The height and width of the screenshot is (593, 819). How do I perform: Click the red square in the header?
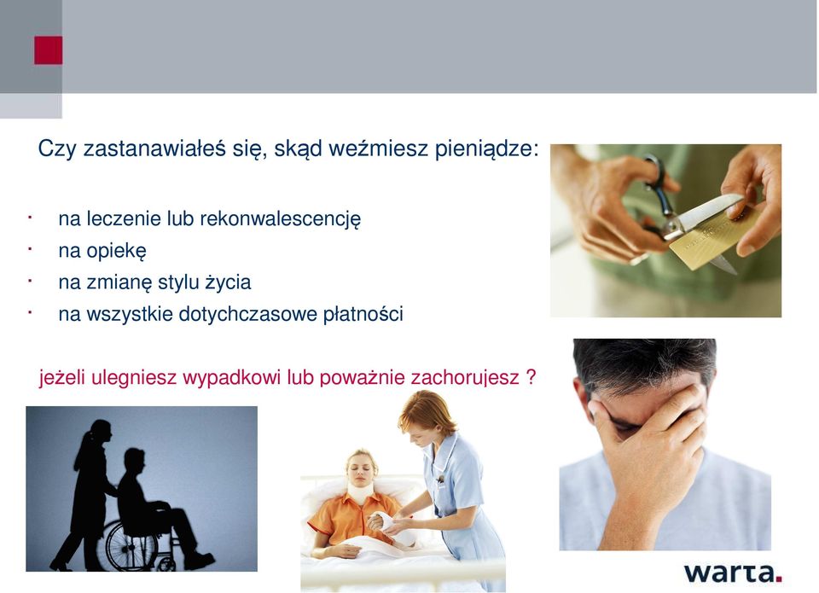(48, 50)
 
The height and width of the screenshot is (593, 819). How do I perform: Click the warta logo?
(733, 573)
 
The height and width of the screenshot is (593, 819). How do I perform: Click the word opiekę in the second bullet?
(117, 252)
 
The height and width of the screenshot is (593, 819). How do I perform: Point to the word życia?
(228, 282)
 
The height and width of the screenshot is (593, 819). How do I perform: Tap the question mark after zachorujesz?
(531, 376)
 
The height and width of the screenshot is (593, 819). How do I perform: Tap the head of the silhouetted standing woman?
(101, 432)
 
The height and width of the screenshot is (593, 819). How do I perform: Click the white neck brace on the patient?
(361, 491)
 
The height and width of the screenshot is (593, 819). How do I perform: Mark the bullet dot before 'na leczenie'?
(31, 217)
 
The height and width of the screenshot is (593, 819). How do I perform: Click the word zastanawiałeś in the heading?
(154, 149)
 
